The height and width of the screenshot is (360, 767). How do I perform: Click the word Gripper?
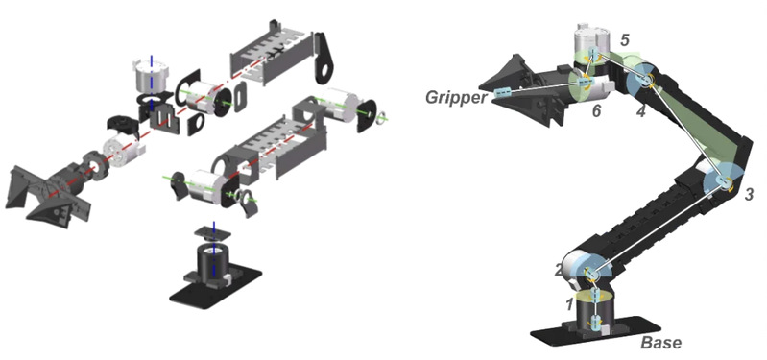click(456, 97)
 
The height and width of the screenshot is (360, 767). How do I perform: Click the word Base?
click(660, 343)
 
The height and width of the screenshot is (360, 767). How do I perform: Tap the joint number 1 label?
click(569, 304)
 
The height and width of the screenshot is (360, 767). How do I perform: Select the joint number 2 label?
click(560, 270)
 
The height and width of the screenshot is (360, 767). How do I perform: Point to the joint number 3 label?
click(749, 195)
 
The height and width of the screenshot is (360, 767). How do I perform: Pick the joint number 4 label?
click(641, 112)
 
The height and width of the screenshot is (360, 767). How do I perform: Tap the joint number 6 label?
click(596, 111)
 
